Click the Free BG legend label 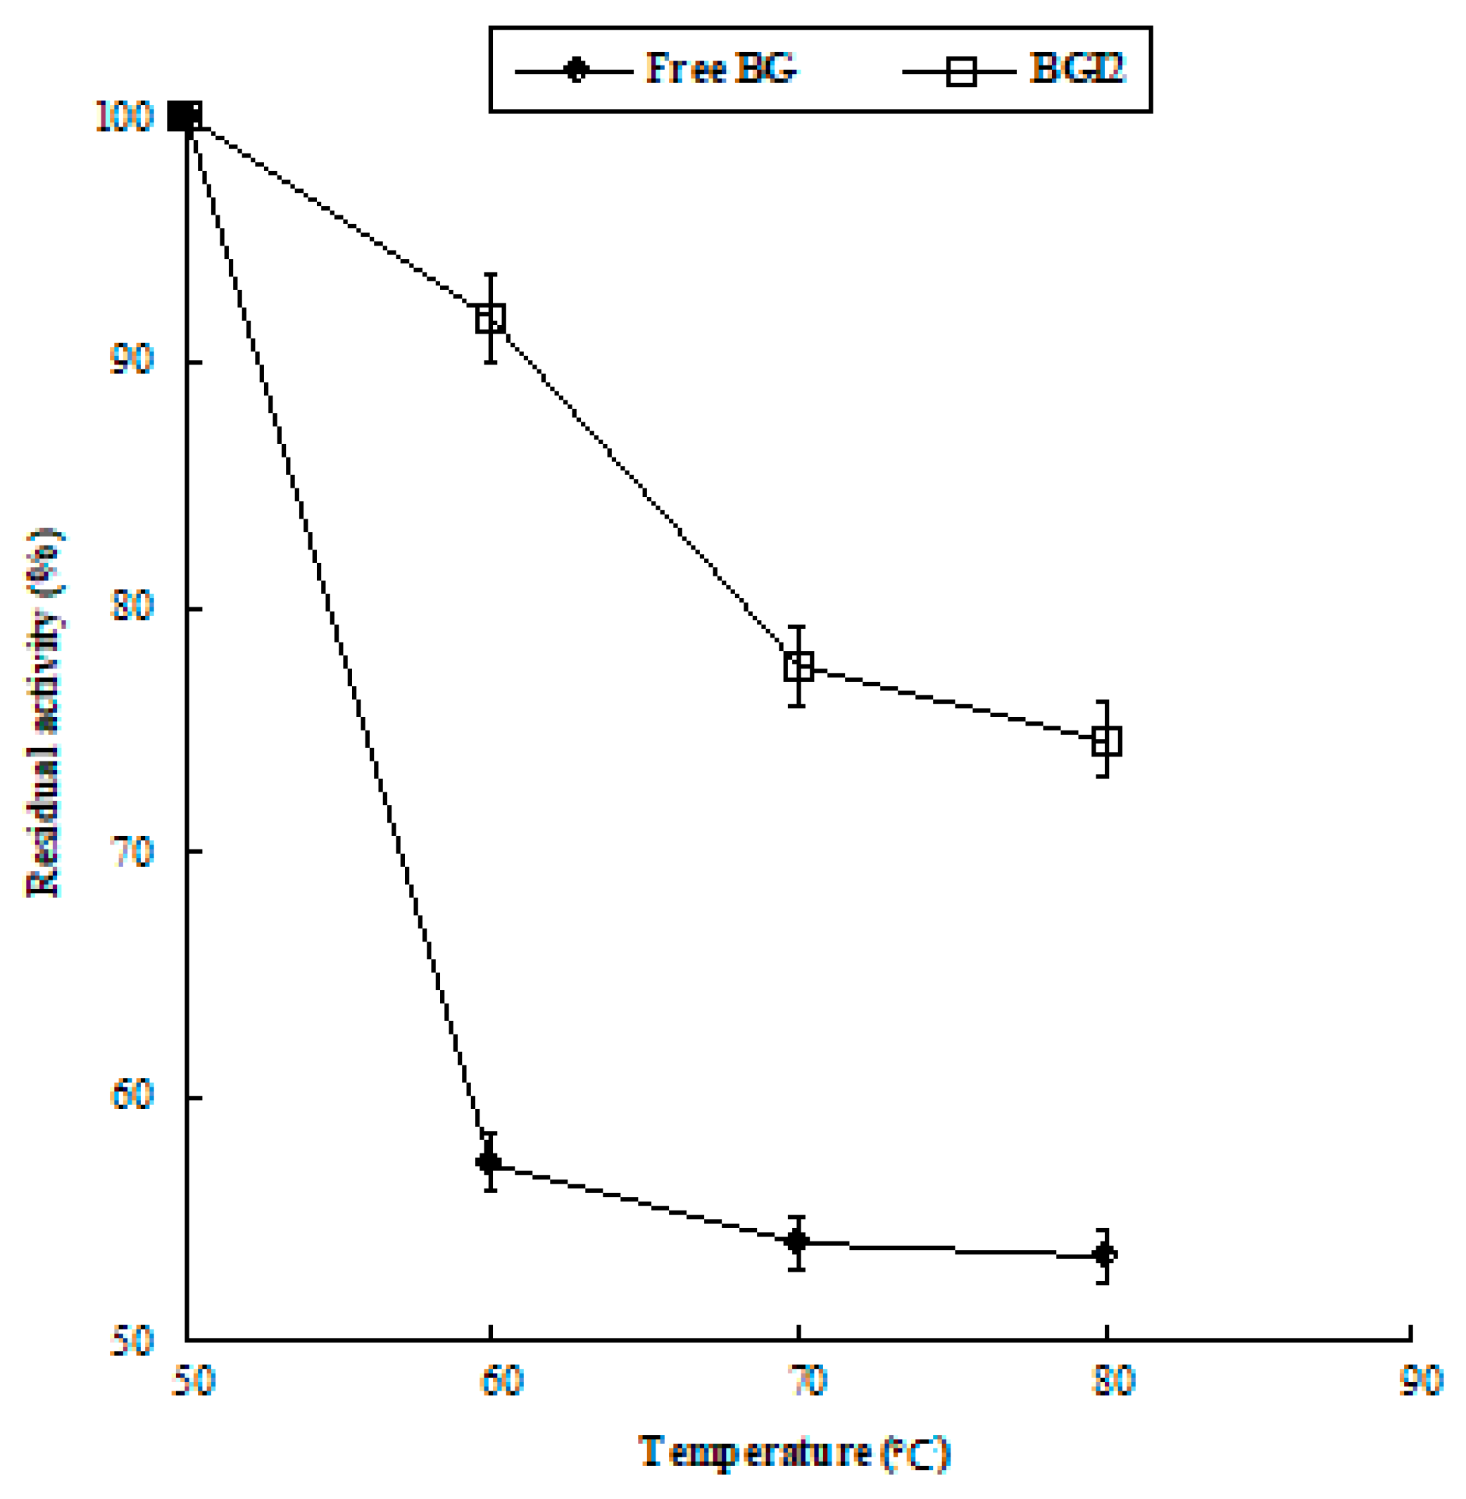pos(721,69)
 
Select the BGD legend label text pos(1077,69)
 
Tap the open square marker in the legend pos(961,72)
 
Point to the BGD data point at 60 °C pos(491,318)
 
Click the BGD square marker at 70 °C pos(798,666)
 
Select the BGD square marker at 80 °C pos(1106,740)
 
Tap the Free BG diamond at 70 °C pos(797,1241)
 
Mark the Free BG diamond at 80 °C pos(1105,1255)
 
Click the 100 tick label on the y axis pos(123,118)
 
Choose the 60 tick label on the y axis pos(131,1094)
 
